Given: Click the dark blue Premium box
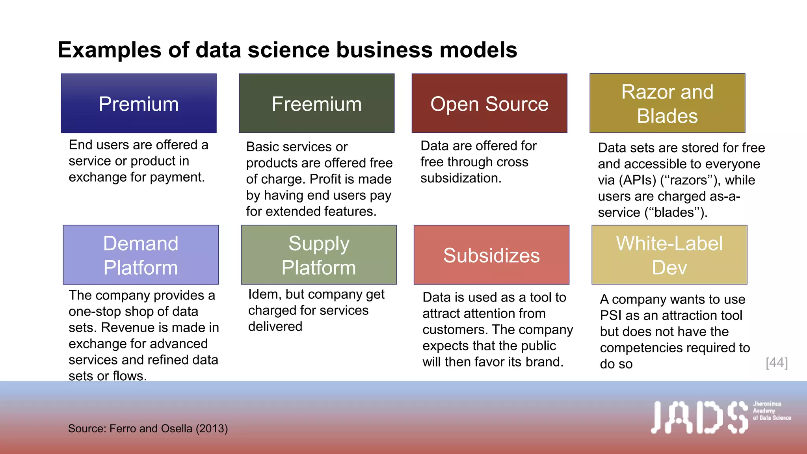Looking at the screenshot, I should tap(139, 103).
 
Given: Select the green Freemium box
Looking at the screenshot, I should tap(316, 103).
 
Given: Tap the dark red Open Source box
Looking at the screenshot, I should tap(489, 103).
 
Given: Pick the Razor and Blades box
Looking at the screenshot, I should tap(667, 103).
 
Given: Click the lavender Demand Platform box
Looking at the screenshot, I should tap(141, 255).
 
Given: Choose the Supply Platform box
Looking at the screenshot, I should tap(318, 255).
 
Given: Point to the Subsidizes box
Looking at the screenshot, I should tap(491, 255).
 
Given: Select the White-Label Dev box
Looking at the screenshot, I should tap(669, 255).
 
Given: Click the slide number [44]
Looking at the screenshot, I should tap(777, 363).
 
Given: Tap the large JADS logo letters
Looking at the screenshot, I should tap(699, 417).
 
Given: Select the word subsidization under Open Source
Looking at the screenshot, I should tap(461, 178).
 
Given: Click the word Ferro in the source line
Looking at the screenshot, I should tap(123, 428).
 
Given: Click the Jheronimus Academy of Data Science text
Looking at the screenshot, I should tap(772, 411).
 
